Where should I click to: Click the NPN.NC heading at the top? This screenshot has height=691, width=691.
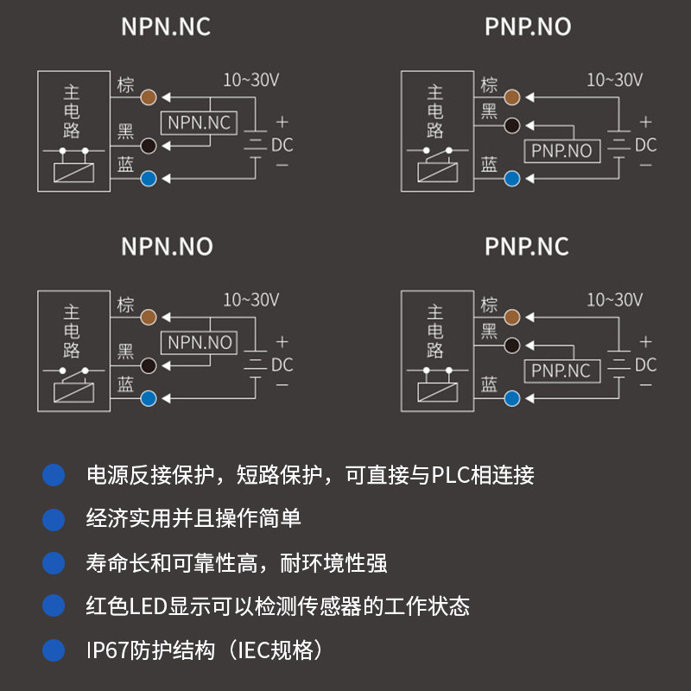tap(166, 27)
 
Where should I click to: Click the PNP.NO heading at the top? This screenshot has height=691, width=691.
tap(528, 27)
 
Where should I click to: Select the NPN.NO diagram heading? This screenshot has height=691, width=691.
tap(167, 246)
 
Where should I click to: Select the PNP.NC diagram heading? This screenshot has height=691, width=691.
tap(527, 246)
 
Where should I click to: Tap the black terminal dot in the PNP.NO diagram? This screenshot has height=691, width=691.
tap(512, 124)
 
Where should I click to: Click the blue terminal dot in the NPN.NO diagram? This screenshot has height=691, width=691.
tap(149, 398)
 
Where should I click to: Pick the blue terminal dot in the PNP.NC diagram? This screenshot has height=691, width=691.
tap(512, 398)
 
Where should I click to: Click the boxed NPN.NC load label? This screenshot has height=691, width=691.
tap(200, 123)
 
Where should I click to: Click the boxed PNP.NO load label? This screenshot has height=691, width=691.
tap(561, 151)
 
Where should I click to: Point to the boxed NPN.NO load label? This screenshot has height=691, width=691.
tap(200, 343)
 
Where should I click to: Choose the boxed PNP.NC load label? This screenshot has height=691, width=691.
tap(561, 371)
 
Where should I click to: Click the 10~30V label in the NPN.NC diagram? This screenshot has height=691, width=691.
tap(251, 80)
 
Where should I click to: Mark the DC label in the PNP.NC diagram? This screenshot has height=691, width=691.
tap(646, 365)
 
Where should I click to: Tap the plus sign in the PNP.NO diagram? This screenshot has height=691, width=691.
tap(645, 123)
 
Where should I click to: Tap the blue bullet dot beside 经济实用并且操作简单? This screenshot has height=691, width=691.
tap(54, 519)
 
